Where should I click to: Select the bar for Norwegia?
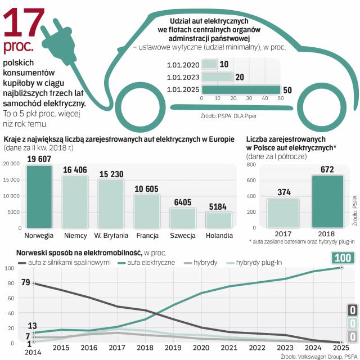click(x=39, y=196)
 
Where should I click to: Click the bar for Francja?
click(x=147, y=210)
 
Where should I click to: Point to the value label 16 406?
click(x=75, y=170)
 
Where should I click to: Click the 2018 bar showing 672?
click(x=327, y=201)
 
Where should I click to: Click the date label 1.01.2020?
click(x=183, y=64)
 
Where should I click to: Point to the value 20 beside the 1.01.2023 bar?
click(x=240, y=77)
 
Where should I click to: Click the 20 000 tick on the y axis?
click(x=11, y=164)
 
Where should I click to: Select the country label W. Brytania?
click(x=111, y=235)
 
